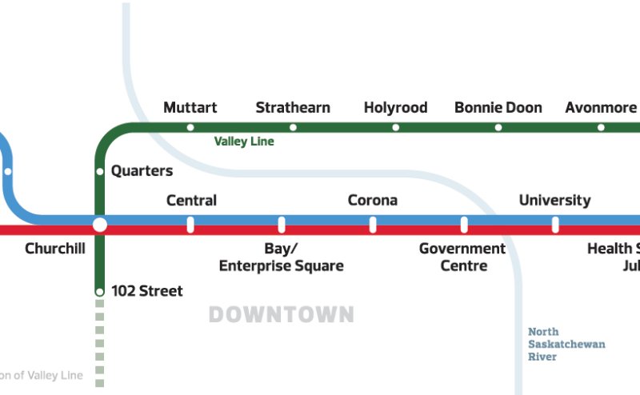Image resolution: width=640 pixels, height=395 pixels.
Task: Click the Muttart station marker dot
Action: pos(190,127)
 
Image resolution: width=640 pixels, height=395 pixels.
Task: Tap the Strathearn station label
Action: pos(293,107)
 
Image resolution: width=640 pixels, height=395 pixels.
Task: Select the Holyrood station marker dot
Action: pos(395,127)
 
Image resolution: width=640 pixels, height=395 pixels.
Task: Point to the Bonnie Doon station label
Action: pos(498,107)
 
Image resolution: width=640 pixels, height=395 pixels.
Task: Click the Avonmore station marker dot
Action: pos(601,127)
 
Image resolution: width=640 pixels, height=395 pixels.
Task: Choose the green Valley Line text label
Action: pos(244,142)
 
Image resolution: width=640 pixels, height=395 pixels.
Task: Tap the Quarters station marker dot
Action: pos(100,171)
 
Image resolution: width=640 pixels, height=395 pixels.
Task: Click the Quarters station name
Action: pos(142,171)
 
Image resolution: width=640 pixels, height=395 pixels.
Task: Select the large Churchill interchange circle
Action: pos(99,225)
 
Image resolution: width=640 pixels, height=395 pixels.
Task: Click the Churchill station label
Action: pos(55,249)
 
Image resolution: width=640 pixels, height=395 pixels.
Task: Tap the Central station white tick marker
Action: pos(190,225)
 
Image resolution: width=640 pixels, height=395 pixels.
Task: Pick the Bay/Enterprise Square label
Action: pos(281,257)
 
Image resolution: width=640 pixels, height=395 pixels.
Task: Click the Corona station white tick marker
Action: pos(373,225)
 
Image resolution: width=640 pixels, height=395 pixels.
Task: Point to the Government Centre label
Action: pos(462,257)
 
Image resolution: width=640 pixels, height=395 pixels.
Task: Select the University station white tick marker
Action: pos(555,225)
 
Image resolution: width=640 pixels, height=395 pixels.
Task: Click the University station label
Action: pos(554,201)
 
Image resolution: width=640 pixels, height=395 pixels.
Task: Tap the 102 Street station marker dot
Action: pos(100,292)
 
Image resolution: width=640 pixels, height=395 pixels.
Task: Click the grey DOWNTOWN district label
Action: pos(281,314)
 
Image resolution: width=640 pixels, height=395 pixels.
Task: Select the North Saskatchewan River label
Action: pos(566,344)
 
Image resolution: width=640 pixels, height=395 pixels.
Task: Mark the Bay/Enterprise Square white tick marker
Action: pos(282,225)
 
